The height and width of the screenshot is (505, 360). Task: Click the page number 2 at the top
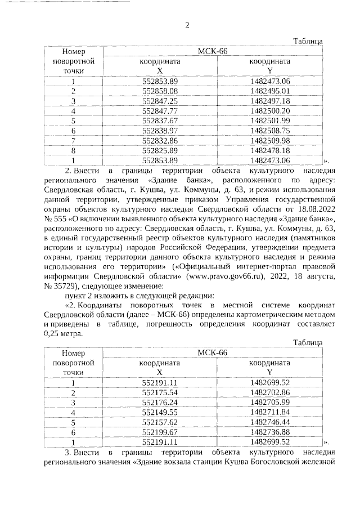pos(188,25)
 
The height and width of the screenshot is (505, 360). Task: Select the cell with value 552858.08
pos(160,91)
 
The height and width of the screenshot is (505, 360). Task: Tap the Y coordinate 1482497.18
pos(270,100)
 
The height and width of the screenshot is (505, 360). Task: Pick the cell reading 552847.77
pos(160,110)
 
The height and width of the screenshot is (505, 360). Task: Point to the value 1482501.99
pos(270,120)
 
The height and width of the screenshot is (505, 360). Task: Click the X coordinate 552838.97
pos(160,131)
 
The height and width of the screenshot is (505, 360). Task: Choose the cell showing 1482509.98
pos(270,140)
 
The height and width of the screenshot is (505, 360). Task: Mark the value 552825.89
pos(160,150)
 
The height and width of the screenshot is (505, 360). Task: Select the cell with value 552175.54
pos(160,392)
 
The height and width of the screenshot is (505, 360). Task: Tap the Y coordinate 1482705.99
pos(270,402)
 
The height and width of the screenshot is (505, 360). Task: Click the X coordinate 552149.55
pos(160,412)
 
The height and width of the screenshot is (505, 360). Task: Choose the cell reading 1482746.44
pos(270,422)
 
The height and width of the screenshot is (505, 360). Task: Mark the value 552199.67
pos(160,432)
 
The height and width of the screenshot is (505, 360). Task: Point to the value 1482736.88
pos(270,432)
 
